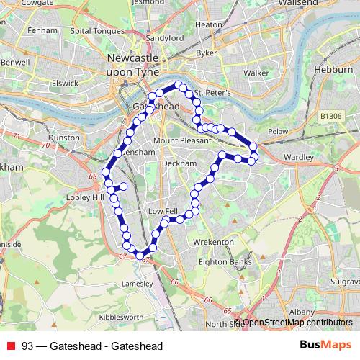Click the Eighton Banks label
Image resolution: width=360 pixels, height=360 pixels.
[229, 262]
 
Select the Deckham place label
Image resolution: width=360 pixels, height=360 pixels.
[179, 163]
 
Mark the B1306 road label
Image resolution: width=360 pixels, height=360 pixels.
[331, 115]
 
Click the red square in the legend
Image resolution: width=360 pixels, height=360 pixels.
[10, 346]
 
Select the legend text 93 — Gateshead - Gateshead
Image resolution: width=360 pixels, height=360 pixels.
[92, 346]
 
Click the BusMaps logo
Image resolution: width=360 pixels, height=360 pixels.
[325, 346]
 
